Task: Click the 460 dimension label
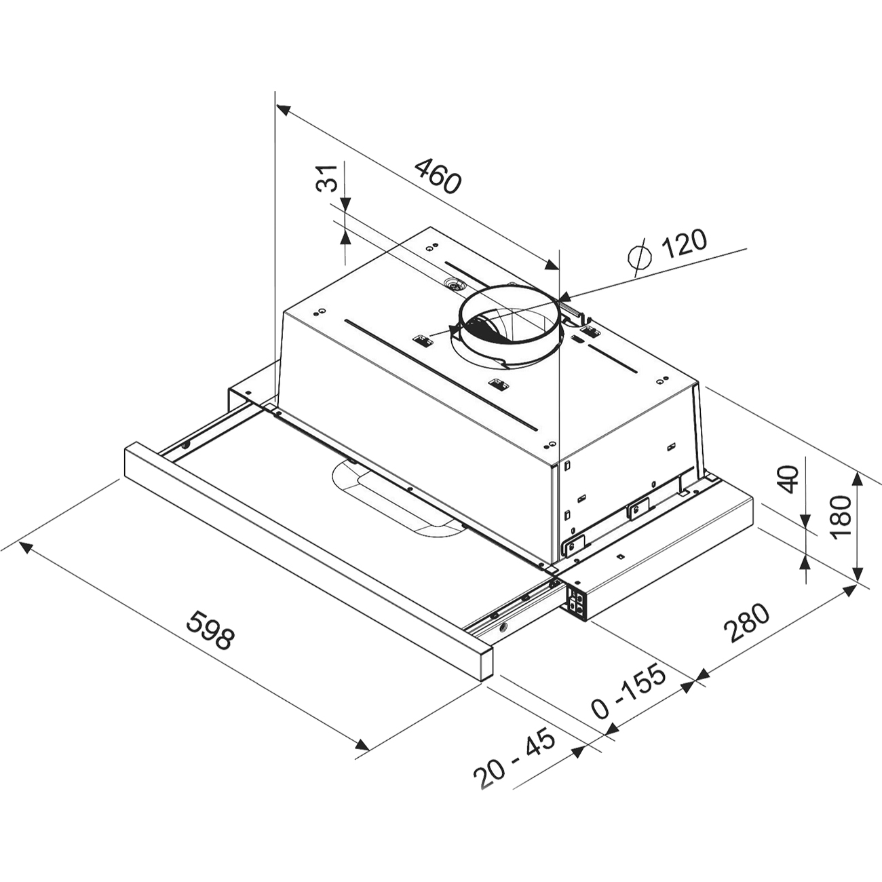(x=437, y=176)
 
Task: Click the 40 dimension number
(x=788, y=479)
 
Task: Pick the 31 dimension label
(x=327, y=178)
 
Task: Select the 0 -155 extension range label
(x=628, y=698)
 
